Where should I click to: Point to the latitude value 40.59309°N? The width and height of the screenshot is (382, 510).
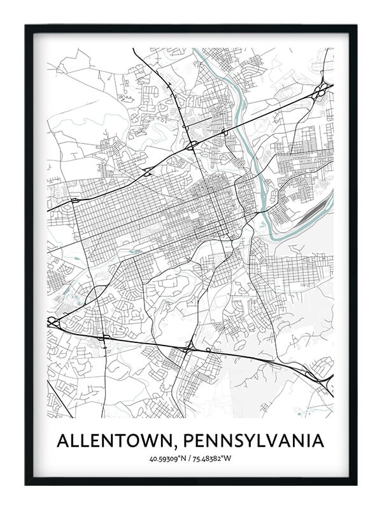[x=169, y=458]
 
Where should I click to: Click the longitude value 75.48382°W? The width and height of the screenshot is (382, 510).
[x=214, y=458]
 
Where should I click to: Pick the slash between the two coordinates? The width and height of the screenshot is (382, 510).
[x=190, y=458]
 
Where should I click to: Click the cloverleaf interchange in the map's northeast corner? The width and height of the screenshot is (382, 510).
[x=321, y=89]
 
